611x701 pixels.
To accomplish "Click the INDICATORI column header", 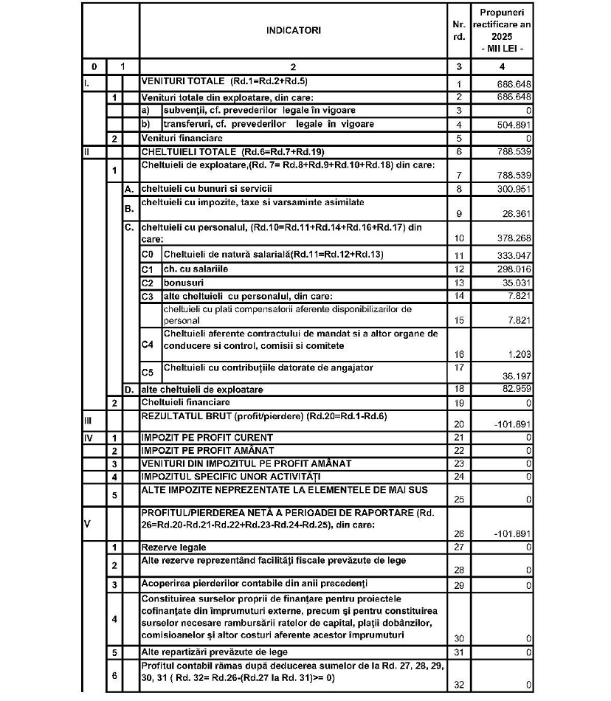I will tap(294, 31).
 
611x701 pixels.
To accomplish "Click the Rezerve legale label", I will tap(173, 548).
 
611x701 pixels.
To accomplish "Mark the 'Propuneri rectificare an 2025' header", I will tap(503, 31).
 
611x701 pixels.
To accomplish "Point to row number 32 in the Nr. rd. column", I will tap(459, 686).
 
